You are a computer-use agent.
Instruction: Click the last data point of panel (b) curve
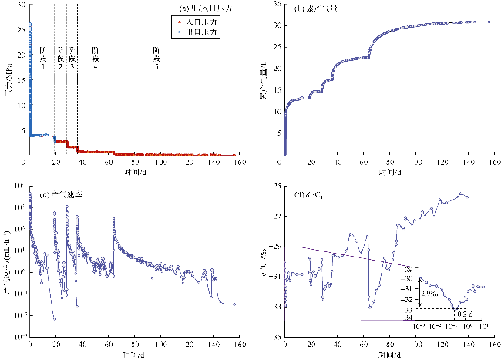(489, 22)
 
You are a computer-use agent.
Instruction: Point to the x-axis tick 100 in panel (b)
(415, 163)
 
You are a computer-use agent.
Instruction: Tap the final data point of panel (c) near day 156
(234, 304)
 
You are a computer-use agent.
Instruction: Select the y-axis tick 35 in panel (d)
(277, 337)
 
